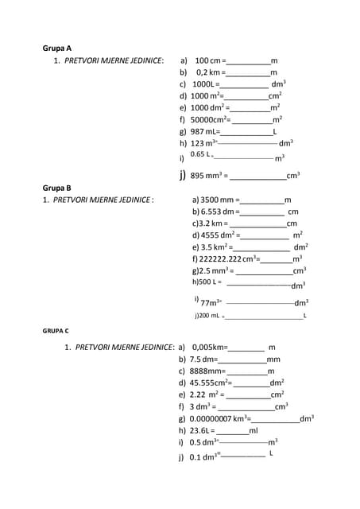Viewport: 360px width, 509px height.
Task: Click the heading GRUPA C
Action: (56, 329)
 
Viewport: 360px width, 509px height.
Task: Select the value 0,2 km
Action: (209, 72)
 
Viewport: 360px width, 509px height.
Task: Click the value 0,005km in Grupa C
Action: (210, 348)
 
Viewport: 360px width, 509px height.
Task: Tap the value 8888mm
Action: (207, 371)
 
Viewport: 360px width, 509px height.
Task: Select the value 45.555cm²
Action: (210, 383)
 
